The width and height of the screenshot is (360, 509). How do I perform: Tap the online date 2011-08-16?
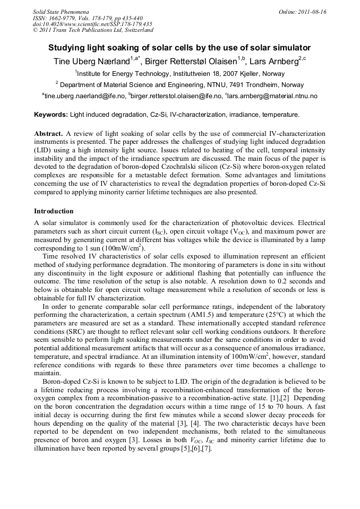[308, 11]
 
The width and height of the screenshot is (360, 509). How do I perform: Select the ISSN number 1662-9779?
[66, 18]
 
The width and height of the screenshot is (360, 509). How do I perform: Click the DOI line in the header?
[92, 24]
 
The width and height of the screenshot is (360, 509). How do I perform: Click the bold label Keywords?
[51, 115]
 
